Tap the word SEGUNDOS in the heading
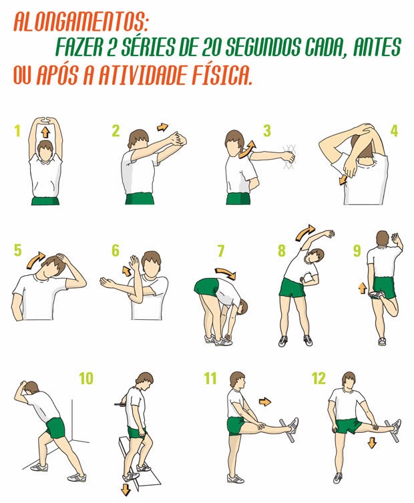coord(264,48)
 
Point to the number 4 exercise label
coord(394,130)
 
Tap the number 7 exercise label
coord(220,251)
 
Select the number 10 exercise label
coord(85,379)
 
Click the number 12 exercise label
coord(319,379)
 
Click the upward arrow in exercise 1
coord(45,132)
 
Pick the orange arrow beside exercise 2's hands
coord(162,126)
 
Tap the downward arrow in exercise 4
coord(343,179)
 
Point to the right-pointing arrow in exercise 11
coord(265,401)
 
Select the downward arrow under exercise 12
coord(372,443)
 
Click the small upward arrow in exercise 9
coord(363,288)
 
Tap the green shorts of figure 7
coord(208,288)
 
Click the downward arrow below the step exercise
coord(126,487)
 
